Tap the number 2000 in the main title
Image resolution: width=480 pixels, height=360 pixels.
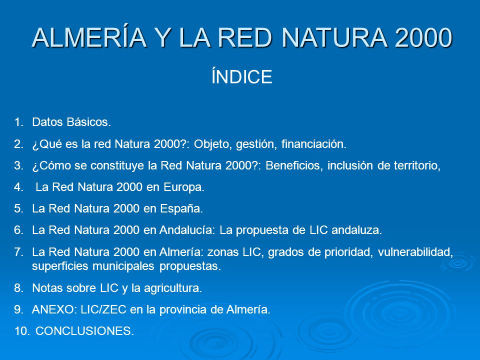point(423,37)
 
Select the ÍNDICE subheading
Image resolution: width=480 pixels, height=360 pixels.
point(242,76)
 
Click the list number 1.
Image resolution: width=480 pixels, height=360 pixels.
point(18,122)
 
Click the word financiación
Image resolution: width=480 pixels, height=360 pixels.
point(314,143)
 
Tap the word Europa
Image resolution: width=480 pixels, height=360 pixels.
point(184,187)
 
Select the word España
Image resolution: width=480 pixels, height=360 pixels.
point(181,208)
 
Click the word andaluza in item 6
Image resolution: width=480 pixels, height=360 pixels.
point(356,230)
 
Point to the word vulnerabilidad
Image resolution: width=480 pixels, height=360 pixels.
point(415,252)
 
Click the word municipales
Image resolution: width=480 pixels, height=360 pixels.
point(123,265)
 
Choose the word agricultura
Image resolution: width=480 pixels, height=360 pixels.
point(173,288)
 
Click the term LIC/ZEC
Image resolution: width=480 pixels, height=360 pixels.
point(103,309)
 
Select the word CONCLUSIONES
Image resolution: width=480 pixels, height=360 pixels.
point(85,331)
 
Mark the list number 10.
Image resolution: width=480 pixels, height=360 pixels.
point(21,331)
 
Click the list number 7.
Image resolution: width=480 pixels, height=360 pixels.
point(18,252)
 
